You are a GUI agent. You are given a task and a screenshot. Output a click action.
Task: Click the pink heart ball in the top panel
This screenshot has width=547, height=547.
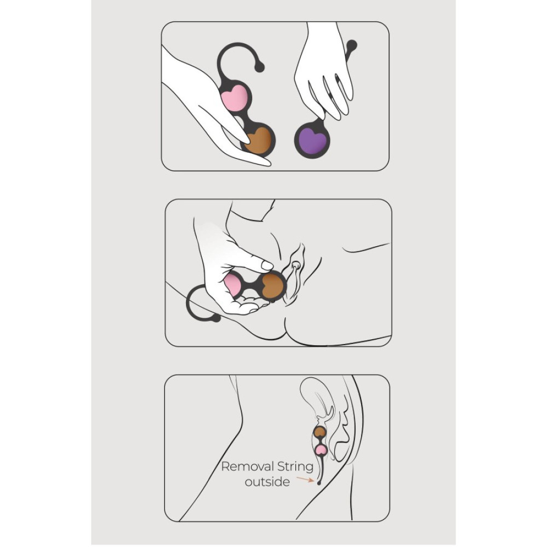pyautogui.click(x=235, y=98)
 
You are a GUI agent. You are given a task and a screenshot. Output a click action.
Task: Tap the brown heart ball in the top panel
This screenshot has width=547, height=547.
pyautogui.click(x=259, y=140)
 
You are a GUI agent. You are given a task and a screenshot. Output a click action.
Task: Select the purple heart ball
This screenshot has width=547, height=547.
pyautogui.click(x=311, y=139)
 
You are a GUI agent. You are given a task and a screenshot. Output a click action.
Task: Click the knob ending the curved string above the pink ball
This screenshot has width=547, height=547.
pyautogui.click(x=259, y=67)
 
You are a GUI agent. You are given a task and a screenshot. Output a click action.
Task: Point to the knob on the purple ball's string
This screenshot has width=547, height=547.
pyautogui.click(x=352, y=45)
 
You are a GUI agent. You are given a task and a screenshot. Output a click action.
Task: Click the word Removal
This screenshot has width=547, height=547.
pyautogui.click(x=245, y=467)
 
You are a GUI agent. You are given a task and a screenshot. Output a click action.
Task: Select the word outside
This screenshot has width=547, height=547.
pyautogui.click(x=267, y=482)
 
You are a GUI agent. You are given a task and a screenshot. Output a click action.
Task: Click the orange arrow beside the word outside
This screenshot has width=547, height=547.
pyautogui.click(x=305, y=479)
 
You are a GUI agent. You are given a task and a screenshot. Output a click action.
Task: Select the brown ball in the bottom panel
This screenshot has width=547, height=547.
pyautogui.click(x=319, y=432)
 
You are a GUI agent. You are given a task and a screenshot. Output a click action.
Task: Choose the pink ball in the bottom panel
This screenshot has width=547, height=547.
pyautogui.click(x=320, y=450)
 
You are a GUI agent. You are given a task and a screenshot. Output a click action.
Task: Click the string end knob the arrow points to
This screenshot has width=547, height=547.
pyautogui.click(x=318, y=482)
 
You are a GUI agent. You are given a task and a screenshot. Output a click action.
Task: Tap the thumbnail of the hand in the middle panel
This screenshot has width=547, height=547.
pyautogui.click(x=267, y=266)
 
